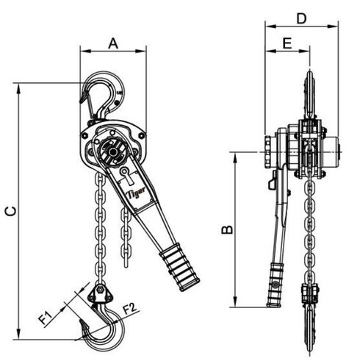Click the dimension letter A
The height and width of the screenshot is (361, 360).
tap(112, 43)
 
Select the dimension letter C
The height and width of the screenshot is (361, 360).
tap(10, 211)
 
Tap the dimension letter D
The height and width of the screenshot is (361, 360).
tap(301, 16)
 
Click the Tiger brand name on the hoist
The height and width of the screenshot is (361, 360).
tap(137, 193)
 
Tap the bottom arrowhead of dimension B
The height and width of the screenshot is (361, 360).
tap(237, 303)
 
